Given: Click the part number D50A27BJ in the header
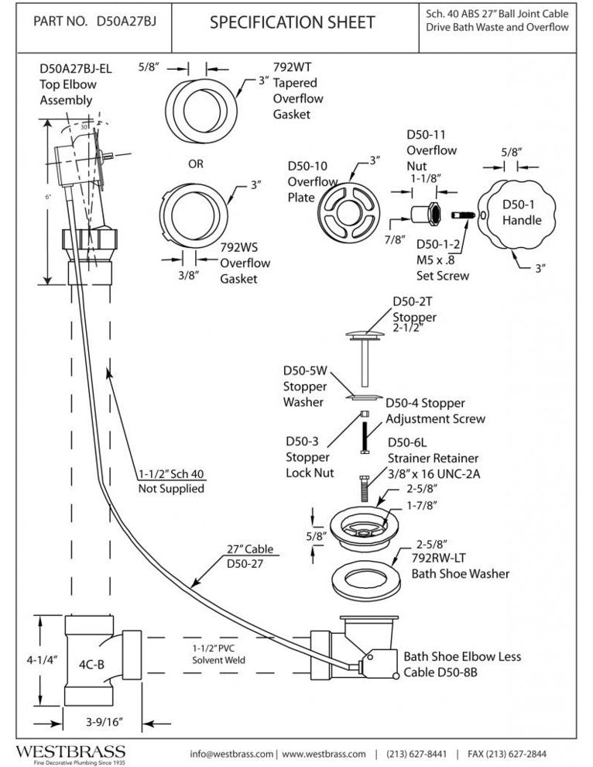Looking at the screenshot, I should coord(126,22).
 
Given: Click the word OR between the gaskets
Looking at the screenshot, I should coord(196,164).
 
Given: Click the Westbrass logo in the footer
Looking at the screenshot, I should coord(68,752).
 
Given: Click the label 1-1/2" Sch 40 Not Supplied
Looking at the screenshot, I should coord(172,481).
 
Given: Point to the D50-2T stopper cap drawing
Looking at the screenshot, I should coord(362,334).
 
